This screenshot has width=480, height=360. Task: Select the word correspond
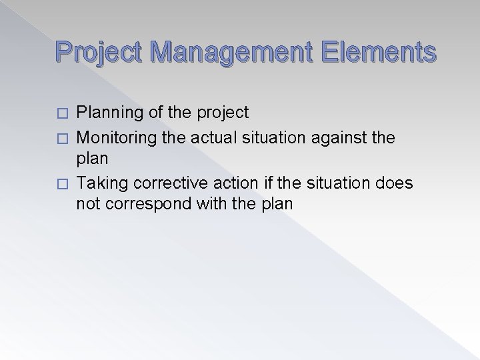(x=147, y=204)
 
